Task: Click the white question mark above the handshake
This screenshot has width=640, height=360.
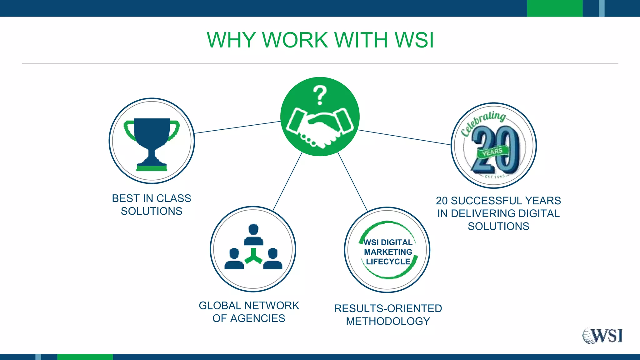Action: pos(320,95)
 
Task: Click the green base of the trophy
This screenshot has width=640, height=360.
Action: pos(152,168)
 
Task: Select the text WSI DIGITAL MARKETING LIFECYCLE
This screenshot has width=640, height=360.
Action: pos(388,252)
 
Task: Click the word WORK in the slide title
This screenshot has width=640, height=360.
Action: pos(295,40)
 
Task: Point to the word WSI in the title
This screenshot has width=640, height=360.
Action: pos(414,40)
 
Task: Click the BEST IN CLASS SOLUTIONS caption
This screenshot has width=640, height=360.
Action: pos(152,205)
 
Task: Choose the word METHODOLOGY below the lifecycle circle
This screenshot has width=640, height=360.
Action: pos(388,321)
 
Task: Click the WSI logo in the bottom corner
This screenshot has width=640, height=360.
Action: pos(602,336)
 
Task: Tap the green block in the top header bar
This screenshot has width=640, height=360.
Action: pos(555,8)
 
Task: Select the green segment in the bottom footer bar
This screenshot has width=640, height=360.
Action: pos(85,357)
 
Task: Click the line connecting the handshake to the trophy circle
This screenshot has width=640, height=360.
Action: pos(237,127)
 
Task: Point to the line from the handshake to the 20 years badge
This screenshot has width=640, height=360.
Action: pos(404,137)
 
